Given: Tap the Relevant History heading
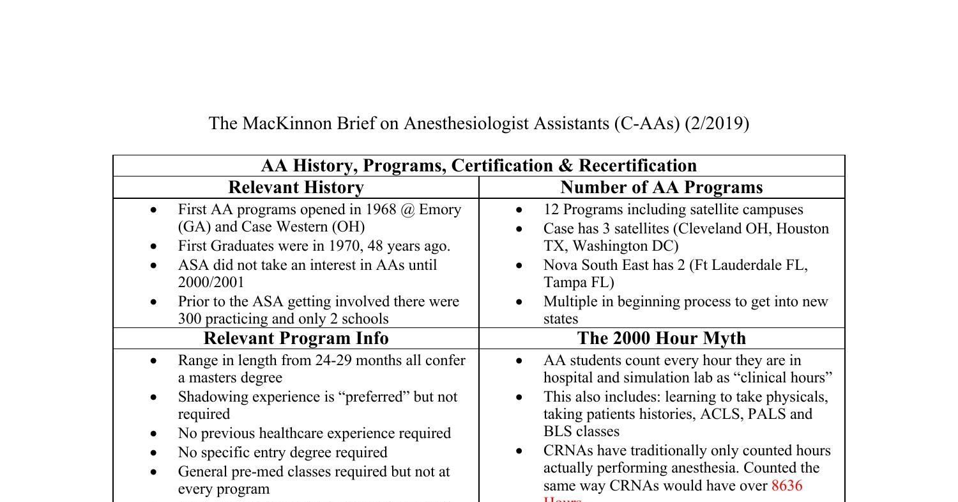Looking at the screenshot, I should (296, 187).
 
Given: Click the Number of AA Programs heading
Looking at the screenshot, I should (662, 187).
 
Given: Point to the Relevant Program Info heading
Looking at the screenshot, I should (296, 338).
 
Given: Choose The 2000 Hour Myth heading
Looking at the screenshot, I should (662, 338).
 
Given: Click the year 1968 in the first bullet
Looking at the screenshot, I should (381, 210).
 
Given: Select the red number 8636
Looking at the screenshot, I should (787, 485).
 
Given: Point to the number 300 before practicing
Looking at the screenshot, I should (190, 319).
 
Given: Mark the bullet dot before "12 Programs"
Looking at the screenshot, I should (519, 210).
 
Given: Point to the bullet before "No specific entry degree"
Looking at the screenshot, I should (153, 453).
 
